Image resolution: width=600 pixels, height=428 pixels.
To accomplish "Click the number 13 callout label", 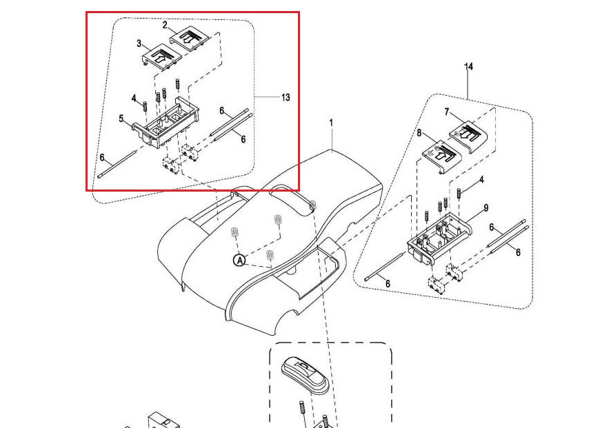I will point(285,97).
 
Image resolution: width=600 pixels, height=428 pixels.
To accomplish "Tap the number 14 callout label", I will point(469,67).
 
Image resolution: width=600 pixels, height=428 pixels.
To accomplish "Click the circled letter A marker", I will point(239,260).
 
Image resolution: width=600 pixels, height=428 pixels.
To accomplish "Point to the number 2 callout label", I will point(166,26).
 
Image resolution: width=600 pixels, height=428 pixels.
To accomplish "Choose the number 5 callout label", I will point(121,119).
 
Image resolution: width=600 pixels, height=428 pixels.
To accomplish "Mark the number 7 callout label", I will point(447,111).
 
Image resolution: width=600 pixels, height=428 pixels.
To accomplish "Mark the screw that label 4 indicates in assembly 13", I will point(146,107).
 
